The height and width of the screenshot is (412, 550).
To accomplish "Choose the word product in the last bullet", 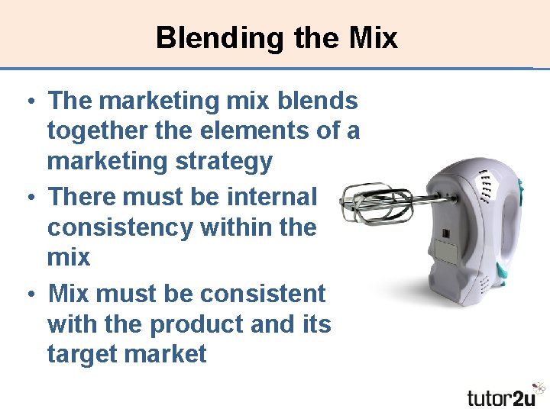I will [196, 323].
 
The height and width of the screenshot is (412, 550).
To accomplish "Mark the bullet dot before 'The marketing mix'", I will [27, 101].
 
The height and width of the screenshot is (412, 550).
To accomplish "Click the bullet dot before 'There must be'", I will [27, 197].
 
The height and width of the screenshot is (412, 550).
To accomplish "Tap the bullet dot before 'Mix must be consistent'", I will [27, 294].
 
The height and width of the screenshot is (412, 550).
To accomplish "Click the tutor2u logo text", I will [502, 397].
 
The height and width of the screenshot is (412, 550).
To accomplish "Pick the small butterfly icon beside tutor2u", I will [540, 388].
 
